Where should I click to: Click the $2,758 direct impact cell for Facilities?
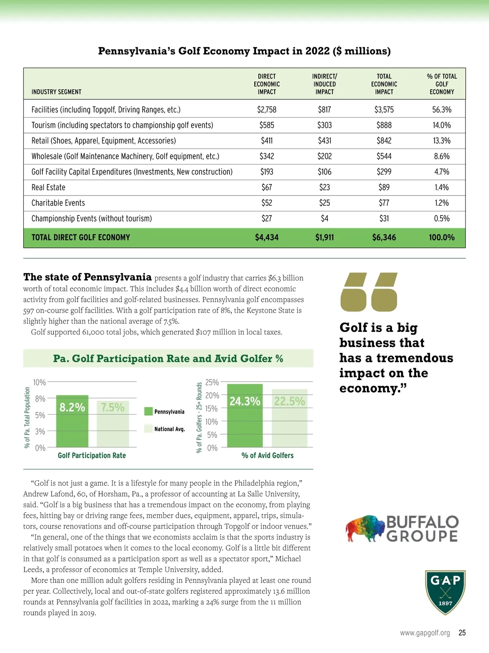coord(267,110)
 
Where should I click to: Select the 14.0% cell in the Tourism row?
coord(442,125)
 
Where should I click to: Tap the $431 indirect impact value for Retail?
coord(324,141)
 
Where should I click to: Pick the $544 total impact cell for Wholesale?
coord(384,156)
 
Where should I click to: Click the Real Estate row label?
coord(48,187)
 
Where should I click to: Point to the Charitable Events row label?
coord(58,203)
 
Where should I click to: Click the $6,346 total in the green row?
coord(384,238)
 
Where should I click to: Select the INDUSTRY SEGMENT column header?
coord(56,92)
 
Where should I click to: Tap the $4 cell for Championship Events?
coord(324,219)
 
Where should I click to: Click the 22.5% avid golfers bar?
coord(290,418)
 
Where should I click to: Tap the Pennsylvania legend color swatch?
coord(148,411)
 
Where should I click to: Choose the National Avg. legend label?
coord(170,429)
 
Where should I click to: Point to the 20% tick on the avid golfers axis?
coord(212,395)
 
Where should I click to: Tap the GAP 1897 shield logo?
coord(445,592)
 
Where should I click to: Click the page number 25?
coord(462,633)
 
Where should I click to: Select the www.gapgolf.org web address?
coord(425,633)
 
